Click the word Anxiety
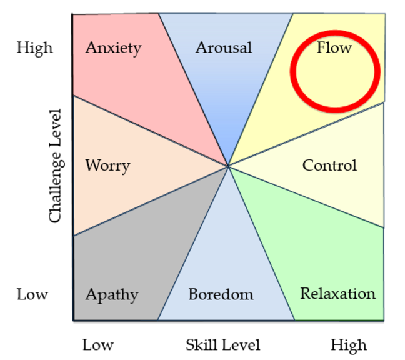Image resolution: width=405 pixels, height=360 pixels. coord(113,47)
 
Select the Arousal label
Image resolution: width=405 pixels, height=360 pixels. coord(223,47)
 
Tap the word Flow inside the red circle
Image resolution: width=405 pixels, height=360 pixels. coord(334,47)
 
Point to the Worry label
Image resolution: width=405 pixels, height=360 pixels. coord(107,166)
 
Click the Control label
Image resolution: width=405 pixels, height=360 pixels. coord(329,166)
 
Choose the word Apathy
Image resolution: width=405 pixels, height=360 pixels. coord(112,294)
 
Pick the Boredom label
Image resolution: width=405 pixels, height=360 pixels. coord(221,294)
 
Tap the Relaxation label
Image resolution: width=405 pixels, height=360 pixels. coord(337,294)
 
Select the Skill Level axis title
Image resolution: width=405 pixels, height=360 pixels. coord(222,344)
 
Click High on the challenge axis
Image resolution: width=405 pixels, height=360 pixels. coord(35,47)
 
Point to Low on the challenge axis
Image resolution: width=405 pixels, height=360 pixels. coord(32,294)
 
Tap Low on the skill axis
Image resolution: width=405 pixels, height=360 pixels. coord(98,344)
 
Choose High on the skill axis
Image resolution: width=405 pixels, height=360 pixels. coord(349,344)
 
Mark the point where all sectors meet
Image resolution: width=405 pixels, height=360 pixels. coord(228,166)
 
